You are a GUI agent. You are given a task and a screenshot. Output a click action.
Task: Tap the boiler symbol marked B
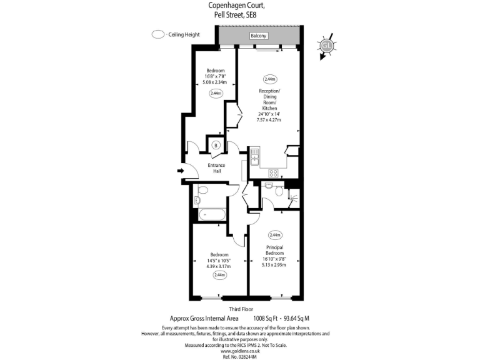tap(216, 146)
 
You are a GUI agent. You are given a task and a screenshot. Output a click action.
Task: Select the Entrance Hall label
tap(216, 169)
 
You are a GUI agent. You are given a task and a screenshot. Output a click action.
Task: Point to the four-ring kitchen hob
tap(273, 172)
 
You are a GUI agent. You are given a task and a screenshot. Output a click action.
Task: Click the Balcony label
tap(259, 36)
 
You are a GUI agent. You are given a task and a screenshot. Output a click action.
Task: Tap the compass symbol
tap(326, 46)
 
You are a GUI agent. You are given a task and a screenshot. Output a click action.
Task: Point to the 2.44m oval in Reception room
tap(270, 79)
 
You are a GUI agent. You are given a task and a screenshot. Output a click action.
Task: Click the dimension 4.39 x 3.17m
tap(219, 265)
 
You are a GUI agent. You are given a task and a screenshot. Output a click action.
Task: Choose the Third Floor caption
tap(241, 308)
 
